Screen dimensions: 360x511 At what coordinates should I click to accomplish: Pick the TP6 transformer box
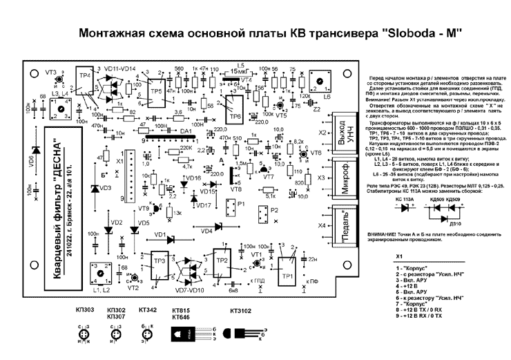tap(234, 106)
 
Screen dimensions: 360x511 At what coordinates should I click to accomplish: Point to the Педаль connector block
tap(341, 225)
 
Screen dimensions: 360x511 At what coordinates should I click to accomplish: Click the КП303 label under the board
tap(84, 311)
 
